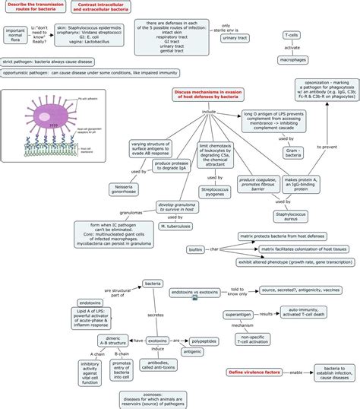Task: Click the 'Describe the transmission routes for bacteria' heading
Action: pos(35,8)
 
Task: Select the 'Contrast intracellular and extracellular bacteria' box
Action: pos(102,8)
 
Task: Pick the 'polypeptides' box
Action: pos(203,341)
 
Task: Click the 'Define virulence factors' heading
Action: pos(257,372)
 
